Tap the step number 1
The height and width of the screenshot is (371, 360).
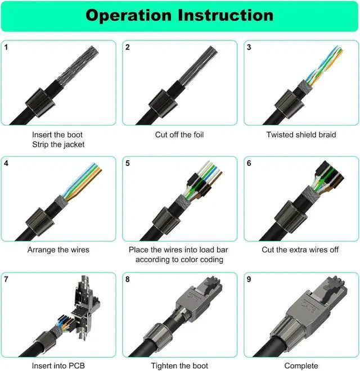[6, 47]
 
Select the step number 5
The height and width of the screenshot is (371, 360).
[128, 164]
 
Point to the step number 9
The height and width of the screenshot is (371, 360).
[249, 279]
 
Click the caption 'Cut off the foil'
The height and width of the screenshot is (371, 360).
[179, 135]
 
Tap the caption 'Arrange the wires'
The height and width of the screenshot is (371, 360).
[58, 250]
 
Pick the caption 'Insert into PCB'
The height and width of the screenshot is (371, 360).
[58, 365]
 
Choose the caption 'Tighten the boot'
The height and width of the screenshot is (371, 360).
[179, 365]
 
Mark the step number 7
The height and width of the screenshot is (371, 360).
[6, 279]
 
